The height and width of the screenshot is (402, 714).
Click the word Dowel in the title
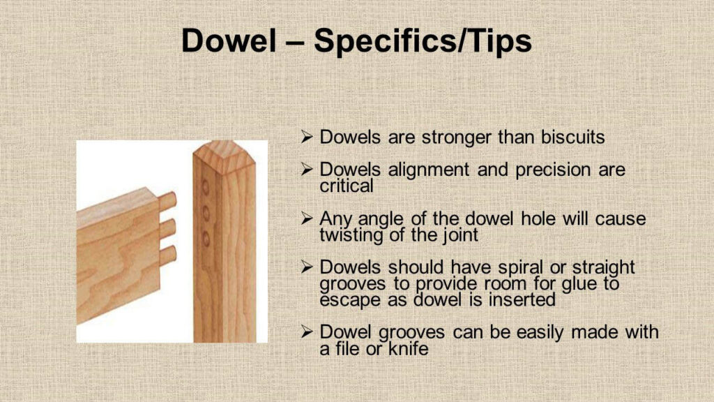(229, 40)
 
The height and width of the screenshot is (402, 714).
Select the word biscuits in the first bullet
(573, 137)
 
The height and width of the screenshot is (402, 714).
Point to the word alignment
(429, 170)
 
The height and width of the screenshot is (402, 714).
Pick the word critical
(346, 186)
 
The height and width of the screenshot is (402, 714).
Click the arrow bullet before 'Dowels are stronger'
(307, 137)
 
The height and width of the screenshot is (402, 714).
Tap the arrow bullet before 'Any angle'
(307, 218)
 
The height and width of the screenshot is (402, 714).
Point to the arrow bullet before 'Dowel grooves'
(307, 332)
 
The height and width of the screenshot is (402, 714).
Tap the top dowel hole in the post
(206, 187)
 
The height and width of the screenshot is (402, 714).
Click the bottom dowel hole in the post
(206, 239)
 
